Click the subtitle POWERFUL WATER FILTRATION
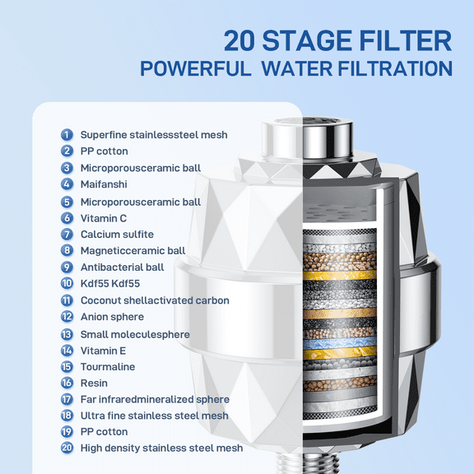coord(296,68)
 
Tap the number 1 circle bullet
coord(67,134)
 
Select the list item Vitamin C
coord(104,218)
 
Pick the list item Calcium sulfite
coord(117,235)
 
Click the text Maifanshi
coord(104,184)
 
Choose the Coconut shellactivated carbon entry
coord(155,300)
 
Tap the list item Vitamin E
coord(103,351)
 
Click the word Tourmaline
coord(107,367)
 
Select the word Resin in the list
coord(94,383)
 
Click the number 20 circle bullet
coord(67,448)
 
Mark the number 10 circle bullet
coord(67,284)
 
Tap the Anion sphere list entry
coord(112,317)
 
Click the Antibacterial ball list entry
coord(122,267)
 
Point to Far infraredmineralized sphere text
coord(155,400)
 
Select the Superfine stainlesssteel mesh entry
coord(154,134)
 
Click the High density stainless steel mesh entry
coord(161,448)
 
